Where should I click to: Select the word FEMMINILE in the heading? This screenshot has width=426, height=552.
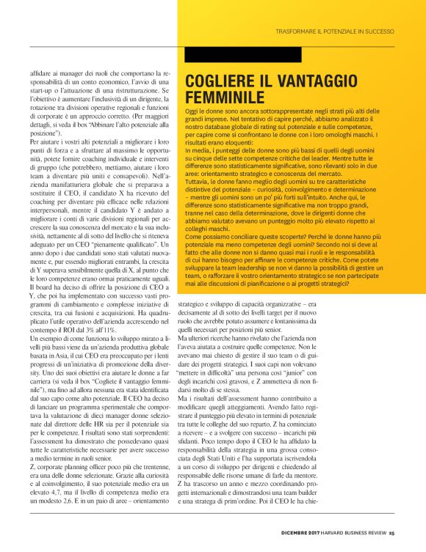(x=224, y=97)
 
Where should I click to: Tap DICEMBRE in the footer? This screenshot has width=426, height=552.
(x=300, y=532)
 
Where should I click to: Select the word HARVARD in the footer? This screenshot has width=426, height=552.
(x=333, y=532)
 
